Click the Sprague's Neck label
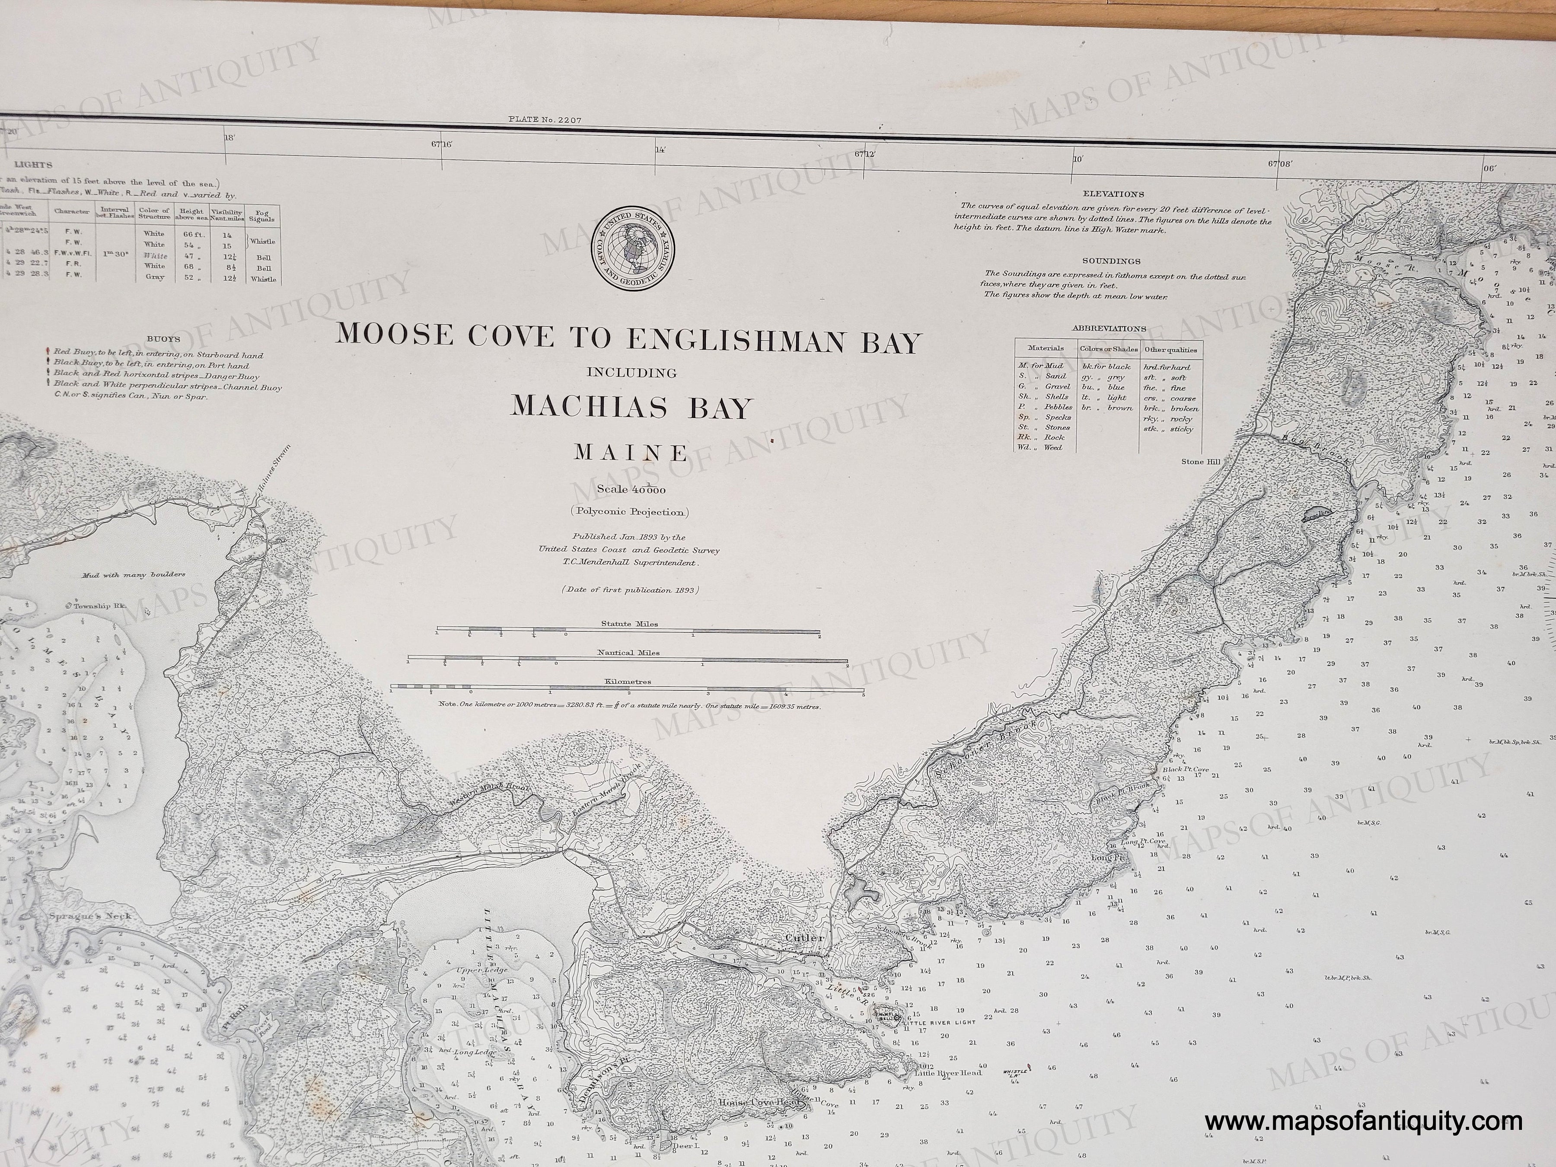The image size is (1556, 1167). click(89, 917)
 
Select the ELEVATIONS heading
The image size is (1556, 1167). click(1113, 194)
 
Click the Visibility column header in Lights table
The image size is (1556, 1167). click(231, 214)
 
